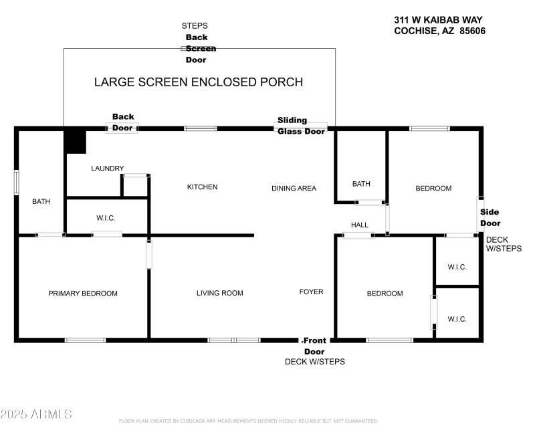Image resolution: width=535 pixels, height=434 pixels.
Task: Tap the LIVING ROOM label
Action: [219, 293]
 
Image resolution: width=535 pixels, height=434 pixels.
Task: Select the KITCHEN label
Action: [202, 187]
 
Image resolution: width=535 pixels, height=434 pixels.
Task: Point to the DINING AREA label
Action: [294, 189]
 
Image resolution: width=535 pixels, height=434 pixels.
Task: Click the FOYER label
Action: [311, 292]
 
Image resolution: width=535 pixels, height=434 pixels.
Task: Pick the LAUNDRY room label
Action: [108, 169]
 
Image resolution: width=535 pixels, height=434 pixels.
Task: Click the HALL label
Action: [360, 225]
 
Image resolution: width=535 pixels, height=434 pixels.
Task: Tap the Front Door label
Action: [314, 346]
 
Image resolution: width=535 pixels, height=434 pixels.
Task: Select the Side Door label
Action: [490, 217]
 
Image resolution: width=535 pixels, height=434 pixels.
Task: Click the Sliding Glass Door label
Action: [301, 126]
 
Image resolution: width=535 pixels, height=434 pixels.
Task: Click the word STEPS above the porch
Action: [195, 26]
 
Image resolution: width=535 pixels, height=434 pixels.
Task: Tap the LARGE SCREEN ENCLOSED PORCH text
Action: [199, 82]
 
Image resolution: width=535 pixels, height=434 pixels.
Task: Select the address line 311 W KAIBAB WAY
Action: [437, 20]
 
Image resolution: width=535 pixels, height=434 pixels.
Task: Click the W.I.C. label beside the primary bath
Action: [106, 218]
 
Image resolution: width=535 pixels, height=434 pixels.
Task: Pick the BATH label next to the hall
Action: [361, 184]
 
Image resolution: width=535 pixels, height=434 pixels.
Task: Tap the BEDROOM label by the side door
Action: [433, 189]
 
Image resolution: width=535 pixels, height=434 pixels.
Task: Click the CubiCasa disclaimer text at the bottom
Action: [248, 421]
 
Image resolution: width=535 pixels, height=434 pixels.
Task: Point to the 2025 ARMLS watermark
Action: [36, 415]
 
